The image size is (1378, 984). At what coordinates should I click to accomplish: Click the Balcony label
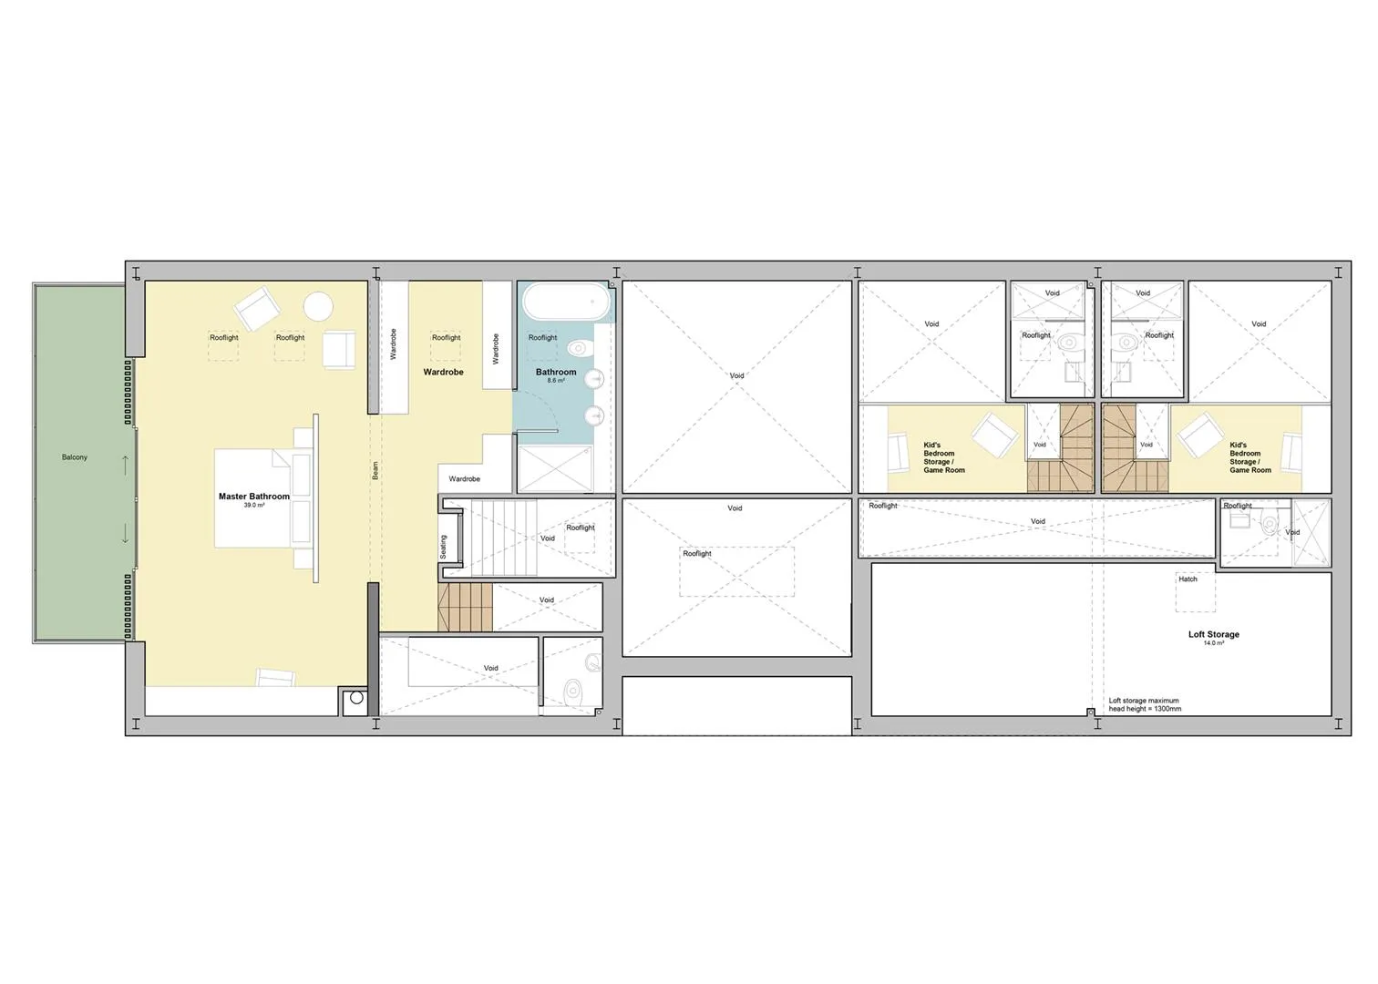[75, 457]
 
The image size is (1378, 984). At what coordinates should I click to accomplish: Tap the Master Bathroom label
[254, 497]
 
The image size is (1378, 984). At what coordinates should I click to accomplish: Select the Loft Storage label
[1214, 634]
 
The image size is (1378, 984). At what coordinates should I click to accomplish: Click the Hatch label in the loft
[1188, 579]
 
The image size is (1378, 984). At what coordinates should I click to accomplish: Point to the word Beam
[375, 470]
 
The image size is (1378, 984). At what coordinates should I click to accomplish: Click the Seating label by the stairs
[444, 547]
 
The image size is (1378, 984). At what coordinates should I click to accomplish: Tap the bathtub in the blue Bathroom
[567, 302]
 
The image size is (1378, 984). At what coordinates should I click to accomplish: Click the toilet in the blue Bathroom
[579, 349]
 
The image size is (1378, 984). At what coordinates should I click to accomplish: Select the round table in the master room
[318, 305]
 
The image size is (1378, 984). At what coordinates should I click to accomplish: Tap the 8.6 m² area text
[556, 381]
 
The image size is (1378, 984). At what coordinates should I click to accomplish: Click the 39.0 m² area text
[254, 505]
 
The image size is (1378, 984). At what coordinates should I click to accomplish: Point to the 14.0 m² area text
[1214, 642]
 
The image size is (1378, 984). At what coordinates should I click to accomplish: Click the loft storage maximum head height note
[1145, 704]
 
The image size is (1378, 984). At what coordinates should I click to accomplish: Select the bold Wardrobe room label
[443, 372]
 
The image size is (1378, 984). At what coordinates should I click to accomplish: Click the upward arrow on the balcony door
[125, 465]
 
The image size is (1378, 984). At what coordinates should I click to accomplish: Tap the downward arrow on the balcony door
[125, 533]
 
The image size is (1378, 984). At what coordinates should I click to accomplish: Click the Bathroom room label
[556, 372]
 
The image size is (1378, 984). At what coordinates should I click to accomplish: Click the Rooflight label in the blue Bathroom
[542, 337]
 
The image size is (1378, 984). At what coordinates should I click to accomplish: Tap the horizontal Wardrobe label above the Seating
[465, 478]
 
